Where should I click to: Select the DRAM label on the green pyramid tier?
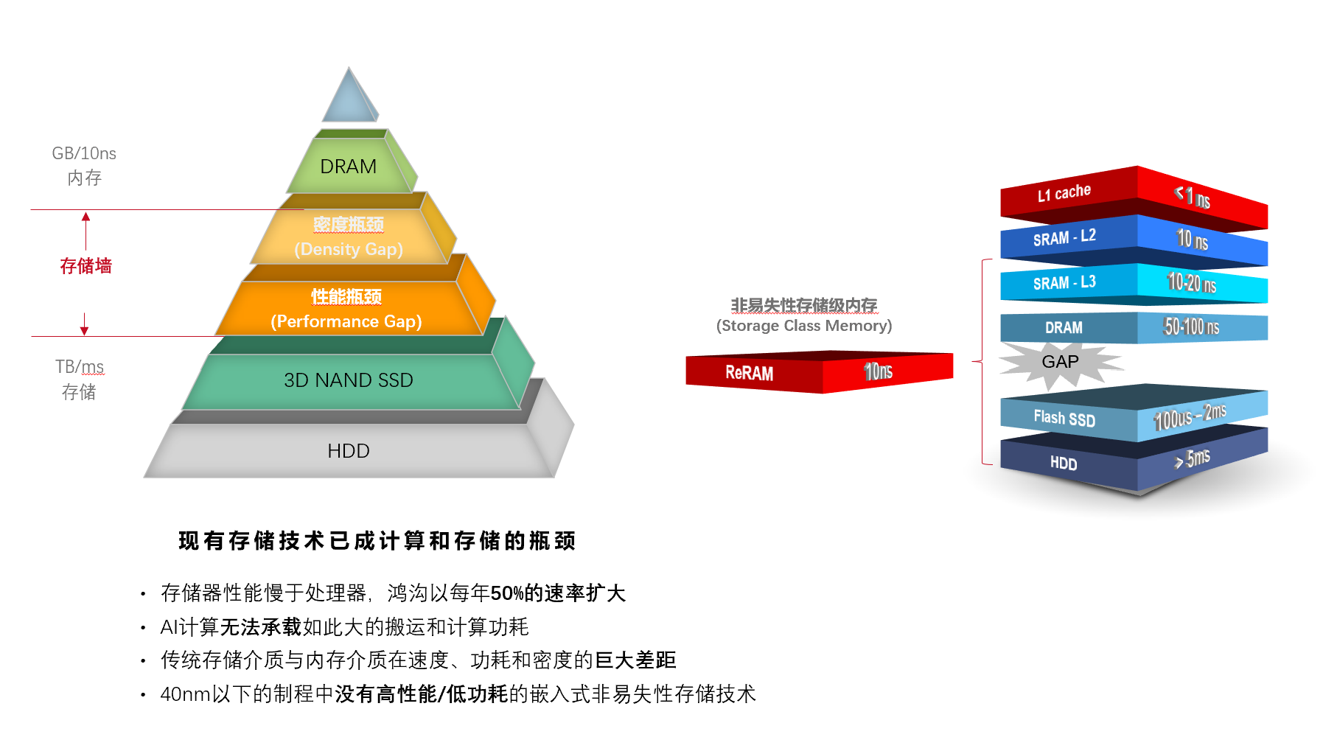(348, 167)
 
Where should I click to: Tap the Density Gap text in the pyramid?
(349, 249)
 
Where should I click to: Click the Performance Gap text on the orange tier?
(346, 321)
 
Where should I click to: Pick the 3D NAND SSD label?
(349, 380)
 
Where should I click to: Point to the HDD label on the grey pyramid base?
(349, 451)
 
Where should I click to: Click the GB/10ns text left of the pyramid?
(84, 153)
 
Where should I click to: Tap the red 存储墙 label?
(85, 266)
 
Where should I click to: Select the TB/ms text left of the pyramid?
(80, 367)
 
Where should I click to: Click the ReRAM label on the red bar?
(749, 373)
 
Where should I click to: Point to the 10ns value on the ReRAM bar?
(878, 371)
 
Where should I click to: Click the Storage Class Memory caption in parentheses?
(804, 326)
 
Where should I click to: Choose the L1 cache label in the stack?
(1064, 193)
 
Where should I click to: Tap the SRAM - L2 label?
(1064, 237)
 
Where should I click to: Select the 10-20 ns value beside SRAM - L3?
(1192, 283)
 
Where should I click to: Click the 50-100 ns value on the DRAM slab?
(1191, 326)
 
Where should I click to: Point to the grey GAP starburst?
(1060, 362)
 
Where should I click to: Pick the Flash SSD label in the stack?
(1064, 418)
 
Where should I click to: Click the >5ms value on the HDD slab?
(1193, 458)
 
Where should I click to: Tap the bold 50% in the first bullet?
(506, 593)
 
